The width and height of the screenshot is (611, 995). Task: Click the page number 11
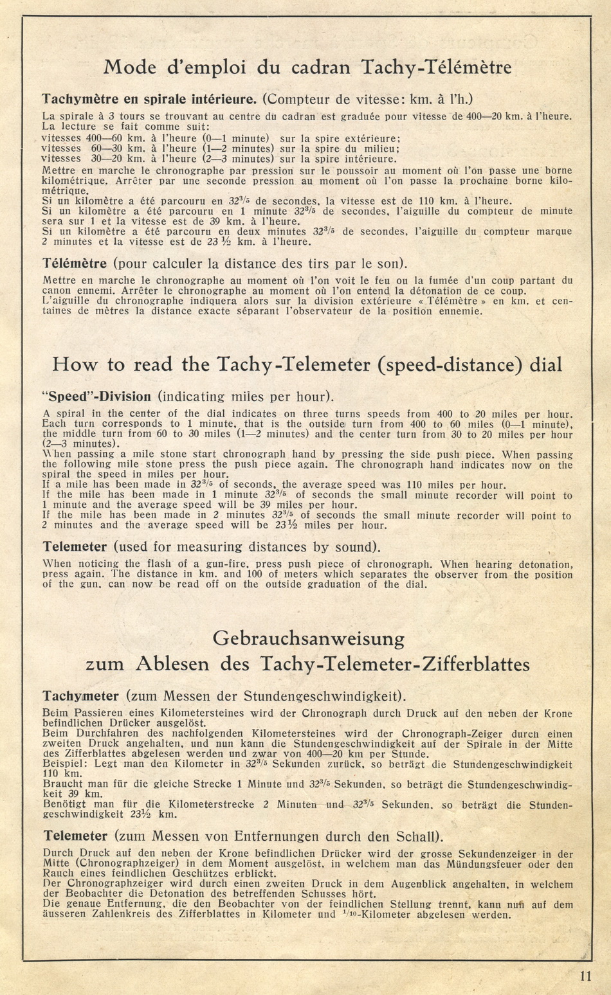pyautogui.click(x=584, y=976)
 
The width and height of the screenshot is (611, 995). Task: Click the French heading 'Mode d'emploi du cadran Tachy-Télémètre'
pyautogui.click(x=307, y=67)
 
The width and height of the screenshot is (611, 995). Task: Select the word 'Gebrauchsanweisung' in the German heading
pyautogui.click(x=309, y=639)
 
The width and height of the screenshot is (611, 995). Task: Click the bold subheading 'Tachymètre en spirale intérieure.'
pyautogui.click(x=149, y=99)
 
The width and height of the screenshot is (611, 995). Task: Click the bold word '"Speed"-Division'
pyautogui.click(x=96, y=397)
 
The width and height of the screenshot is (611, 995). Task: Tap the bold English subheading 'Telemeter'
pyautogui.click(x=75, y=547)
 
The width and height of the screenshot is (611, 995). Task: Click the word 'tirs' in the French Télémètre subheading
pyautogui.click(x=289, y=264)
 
